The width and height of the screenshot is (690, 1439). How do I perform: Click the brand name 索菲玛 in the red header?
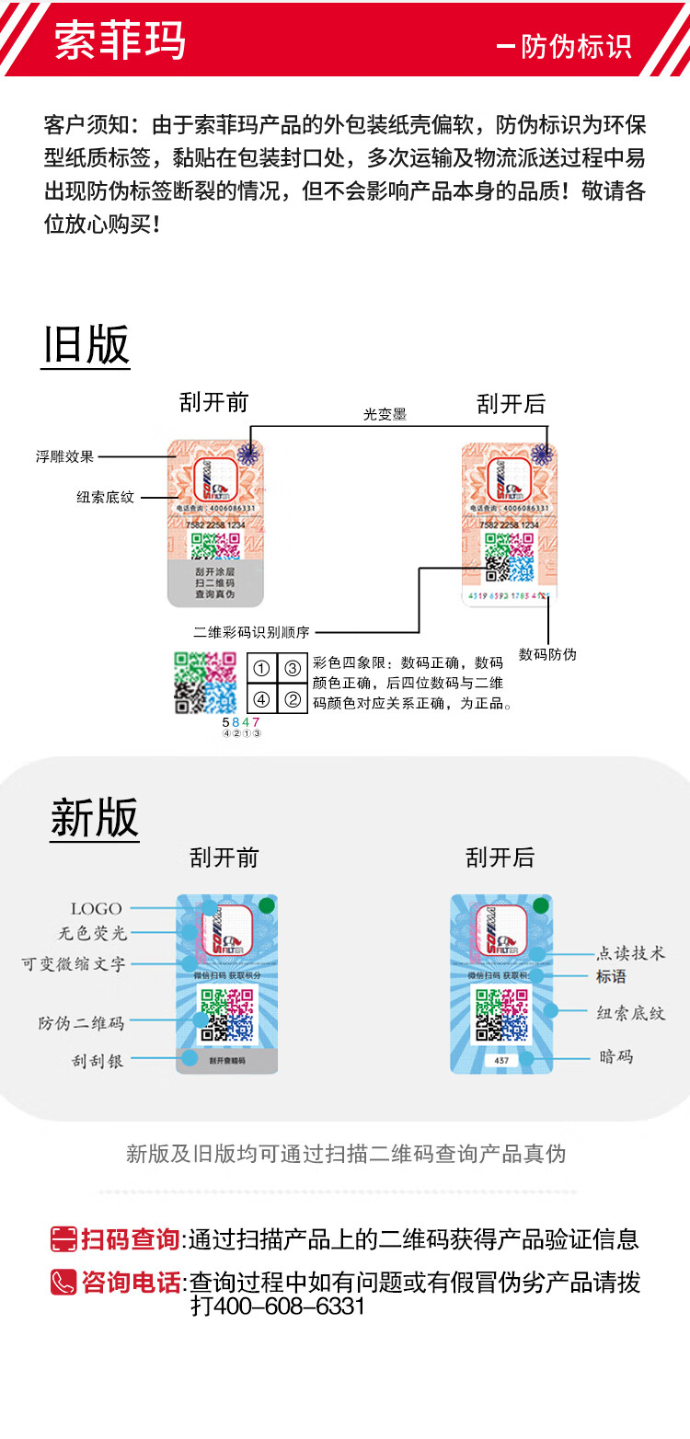[120, 40]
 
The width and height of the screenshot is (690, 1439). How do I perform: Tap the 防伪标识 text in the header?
[576, 47]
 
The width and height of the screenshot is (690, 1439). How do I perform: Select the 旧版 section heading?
[86, 346]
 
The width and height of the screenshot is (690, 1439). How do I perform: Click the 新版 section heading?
[94, 818]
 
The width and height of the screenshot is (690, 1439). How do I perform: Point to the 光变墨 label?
[385, 415]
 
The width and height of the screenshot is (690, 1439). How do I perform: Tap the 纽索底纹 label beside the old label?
[105, 497]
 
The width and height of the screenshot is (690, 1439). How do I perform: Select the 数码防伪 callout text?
[547, 654]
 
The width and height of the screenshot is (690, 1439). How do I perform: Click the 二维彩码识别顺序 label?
[251, 632]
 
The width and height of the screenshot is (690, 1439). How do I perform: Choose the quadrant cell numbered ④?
[262, 698]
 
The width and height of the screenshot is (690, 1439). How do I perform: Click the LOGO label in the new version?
[97, 909]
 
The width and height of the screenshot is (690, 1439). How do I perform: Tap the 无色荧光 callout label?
[93, 933]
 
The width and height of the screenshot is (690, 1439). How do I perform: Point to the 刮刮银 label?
[98, 1061]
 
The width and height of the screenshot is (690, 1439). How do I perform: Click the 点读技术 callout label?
[631, 953]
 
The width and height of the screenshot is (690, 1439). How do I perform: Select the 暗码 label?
[615, 1057]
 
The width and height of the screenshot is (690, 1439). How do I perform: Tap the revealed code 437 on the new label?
[501, 1061]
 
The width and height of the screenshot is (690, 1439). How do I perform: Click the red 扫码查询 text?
[130, 1239]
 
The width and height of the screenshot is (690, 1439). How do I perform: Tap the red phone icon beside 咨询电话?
[63, 1282]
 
